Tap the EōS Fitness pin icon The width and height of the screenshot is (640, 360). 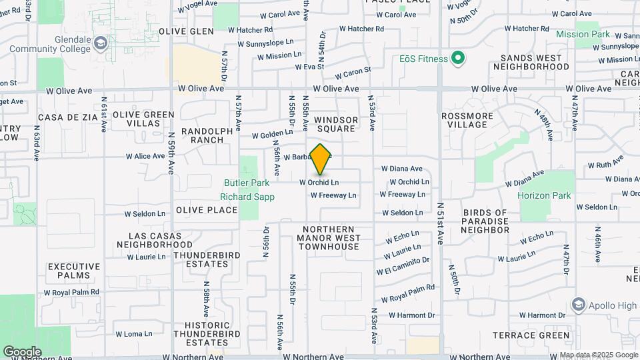pos(457,59)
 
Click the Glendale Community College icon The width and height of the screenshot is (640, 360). pos(100,43)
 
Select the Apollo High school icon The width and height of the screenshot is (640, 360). pos(579,306)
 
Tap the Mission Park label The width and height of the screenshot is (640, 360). pos(583,34)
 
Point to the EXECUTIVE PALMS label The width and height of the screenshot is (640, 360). pos(73,271)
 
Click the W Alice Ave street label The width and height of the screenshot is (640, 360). pos(145,157)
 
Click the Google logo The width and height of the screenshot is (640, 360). pos(21,352)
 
